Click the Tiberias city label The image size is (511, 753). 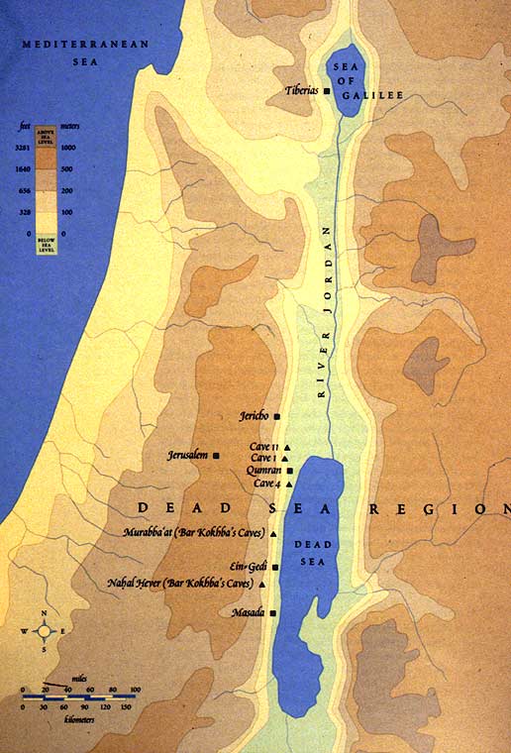click(300, 90)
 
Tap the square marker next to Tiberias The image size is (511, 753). click(326, 91)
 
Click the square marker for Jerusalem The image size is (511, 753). click(217, 455)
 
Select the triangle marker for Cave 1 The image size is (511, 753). click(284, 459)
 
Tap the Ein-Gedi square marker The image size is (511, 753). click(275, 568)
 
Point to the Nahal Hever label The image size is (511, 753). click(183, 585)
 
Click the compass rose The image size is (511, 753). click(45, 631)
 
